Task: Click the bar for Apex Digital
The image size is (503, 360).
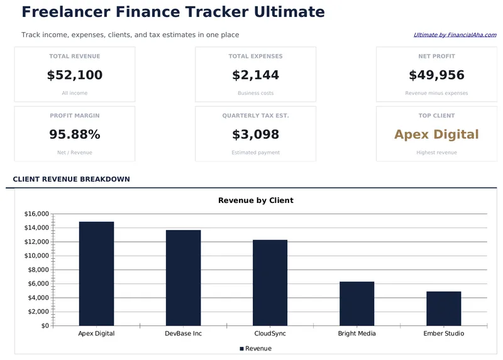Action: point(96,273)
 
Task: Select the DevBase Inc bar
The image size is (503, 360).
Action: point(183,278)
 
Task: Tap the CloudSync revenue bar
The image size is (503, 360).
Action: point(270,283)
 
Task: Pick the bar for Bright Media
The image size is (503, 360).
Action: point(357,303)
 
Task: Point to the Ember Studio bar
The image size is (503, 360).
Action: point(443,308)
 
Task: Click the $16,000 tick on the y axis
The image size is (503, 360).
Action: point(36,214)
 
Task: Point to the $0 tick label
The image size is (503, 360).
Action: point(45,325)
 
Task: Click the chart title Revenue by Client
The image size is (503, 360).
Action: point(255,200)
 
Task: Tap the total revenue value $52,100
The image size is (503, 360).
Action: point(75,75)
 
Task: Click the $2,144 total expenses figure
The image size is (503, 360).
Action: point(255,75)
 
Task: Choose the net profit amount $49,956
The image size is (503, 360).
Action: point(436,75)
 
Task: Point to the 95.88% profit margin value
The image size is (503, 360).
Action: point(75,134)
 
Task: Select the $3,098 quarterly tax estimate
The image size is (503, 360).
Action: point(255,134)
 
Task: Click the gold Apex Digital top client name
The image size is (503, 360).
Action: point(436,134)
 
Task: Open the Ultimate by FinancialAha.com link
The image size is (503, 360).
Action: point(455,35)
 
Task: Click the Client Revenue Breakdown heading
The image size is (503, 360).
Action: point(71,179)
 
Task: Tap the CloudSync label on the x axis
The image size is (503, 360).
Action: point(270,334)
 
